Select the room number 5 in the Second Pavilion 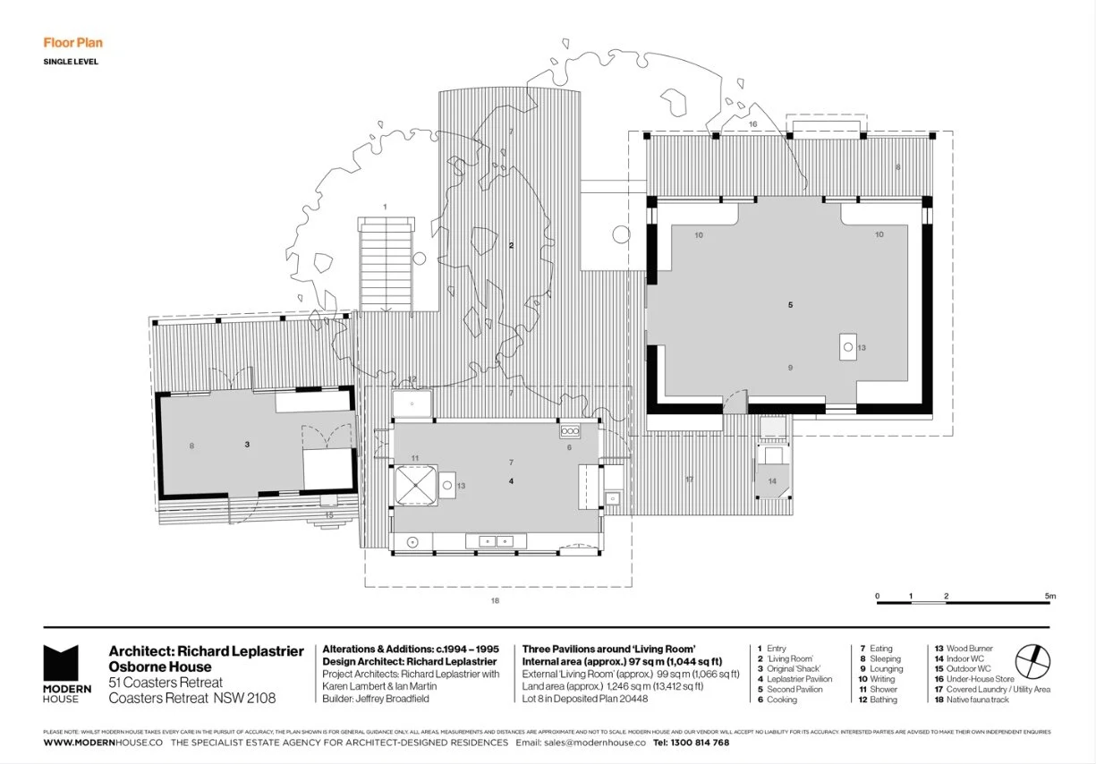coord(790,305)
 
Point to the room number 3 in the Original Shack coord(246,444)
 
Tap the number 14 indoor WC coord(772,481)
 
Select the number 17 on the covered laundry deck coord(689,480)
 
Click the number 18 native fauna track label coord(494,600)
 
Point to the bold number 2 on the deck coord(511,245)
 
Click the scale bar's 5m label coord(1049,596)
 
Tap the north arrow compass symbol coord(1034,661)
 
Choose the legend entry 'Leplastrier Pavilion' coord(799,679)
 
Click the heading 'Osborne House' coord(160,666)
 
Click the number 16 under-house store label coord(752,123)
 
